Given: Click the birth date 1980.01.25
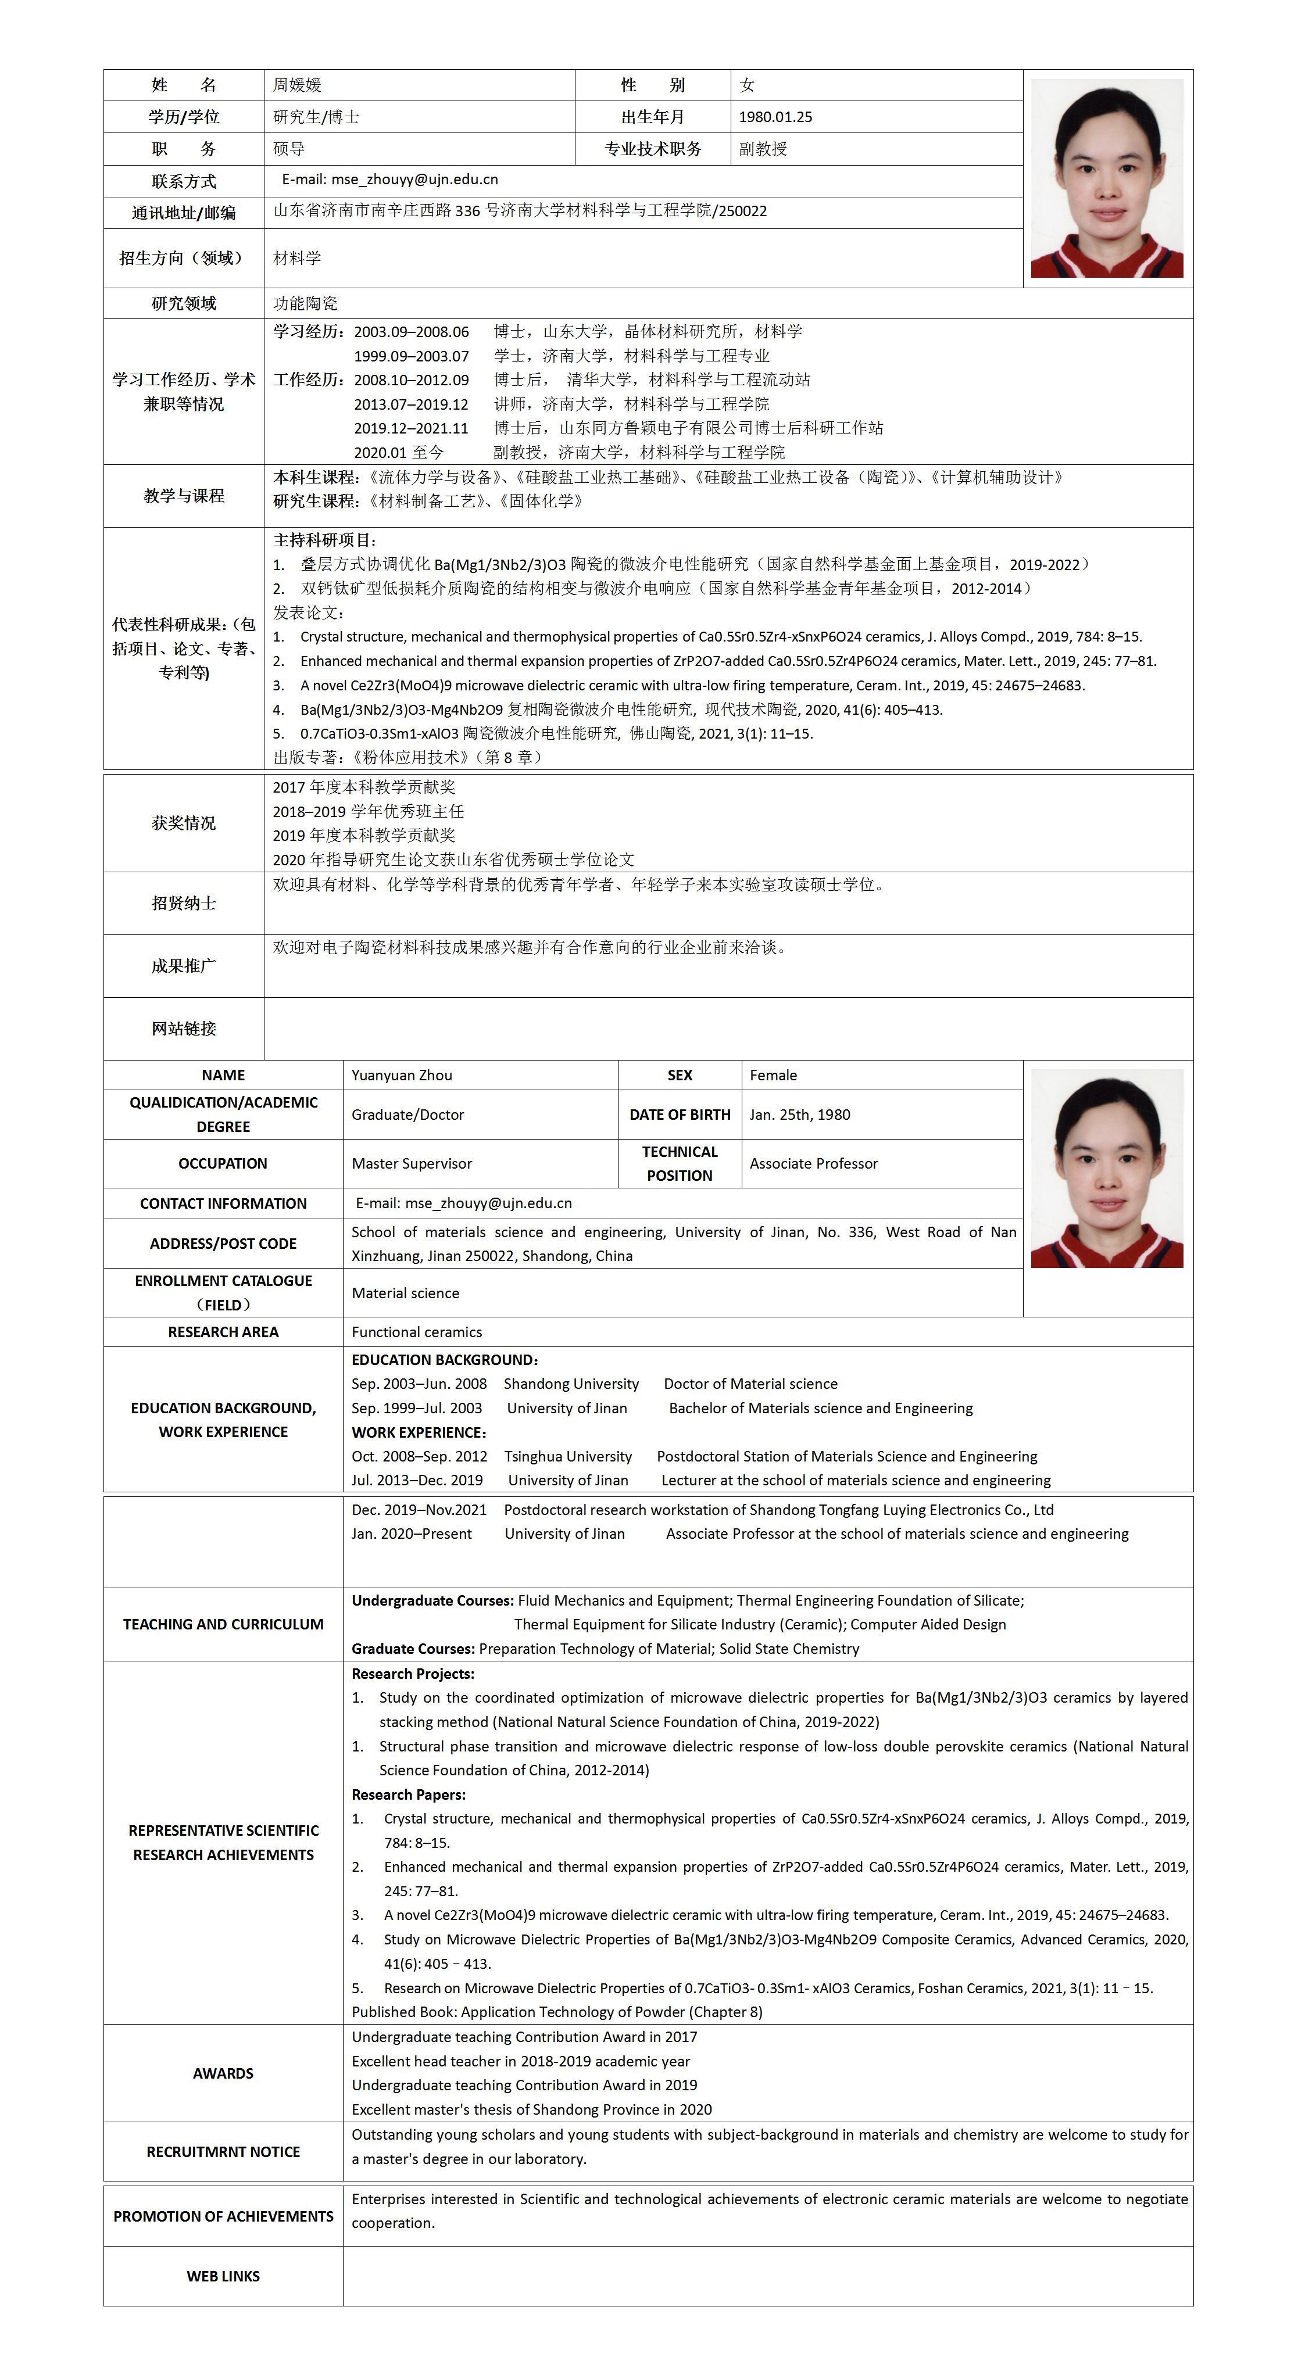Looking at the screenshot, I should (x=775, y=117).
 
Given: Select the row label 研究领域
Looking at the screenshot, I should (x=184, y=303).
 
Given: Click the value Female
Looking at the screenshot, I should (x=773, y=1075).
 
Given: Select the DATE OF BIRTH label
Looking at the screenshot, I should (x=680, y=1115).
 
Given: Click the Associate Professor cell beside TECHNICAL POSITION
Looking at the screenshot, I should (x=813, y=1163).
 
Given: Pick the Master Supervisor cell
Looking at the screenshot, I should (x=412, y=1163).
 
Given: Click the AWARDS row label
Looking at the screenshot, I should (x=223, y=2073).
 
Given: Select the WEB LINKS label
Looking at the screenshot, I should (x=223, y=2276).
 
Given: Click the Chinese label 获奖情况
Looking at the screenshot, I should (x=184, y=823).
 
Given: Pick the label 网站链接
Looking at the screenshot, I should (x=184, y=1029).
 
